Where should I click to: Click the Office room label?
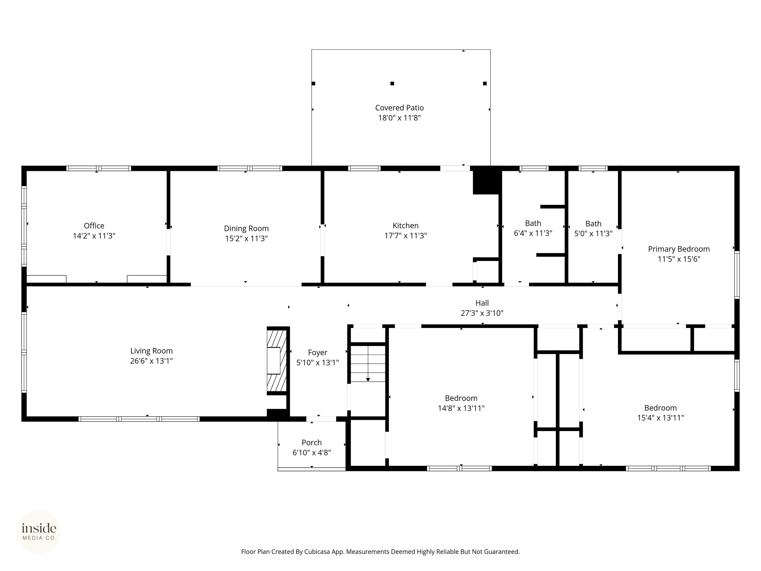pyautogui.click(x=94, y=226)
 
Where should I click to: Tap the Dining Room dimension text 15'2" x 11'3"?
pyautogui.click(x=246, y=238)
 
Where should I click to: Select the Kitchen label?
pyautogui.click(x=406, y=226)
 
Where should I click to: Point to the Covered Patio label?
pyautogui.click(x=399, y=108)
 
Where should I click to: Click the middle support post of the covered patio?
pyautogui.click(x=392, y=83)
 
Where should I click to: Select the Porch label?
pyautogui.click(x=312, y=442)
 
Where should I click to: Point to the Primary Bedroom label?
pyautogui.click(x=679, y=249)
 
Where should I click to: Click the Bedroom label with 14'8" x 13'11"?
pyautogui.click(x=461, y=398)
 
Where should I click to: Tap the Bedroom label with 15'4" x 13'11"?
pyautogui.click(x=660, y=408)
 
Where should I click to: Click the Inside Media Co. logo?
pyautogui.click(x=39, y=532)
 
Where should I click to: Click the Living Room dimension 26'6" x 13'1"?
pyautogui.click(x=151, y=361)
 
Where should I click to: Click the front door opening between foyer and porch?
pyautogui.click(x=321, y=419)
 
